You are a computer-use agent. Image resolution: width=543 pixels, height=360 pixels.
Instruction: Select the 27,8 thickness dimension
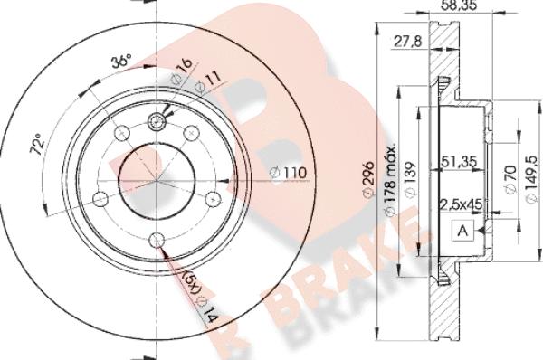(408, 42)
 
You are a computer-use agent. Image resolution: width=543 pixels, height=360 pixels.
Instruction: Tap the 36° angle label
(121, 62)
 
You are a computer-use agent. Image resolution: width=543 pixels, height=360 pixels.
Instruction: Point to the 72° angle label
(37, 144)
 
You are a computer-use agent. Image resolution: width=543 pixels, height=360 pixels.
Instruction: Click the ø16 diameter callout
(182, 71)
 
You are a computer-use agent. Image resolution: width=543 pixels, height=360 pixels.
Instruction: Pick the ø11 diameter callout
(207, 82)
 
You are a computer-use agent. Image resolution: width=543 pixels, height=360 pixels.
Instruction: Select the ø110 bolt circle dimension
(288, 173)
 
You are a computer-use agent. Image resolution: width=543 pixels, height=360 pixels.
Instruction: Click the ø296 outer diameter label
(368, 179)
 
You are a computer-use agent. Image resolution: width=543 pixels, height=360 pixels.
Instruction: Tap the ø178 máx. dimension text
(390, 180)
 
